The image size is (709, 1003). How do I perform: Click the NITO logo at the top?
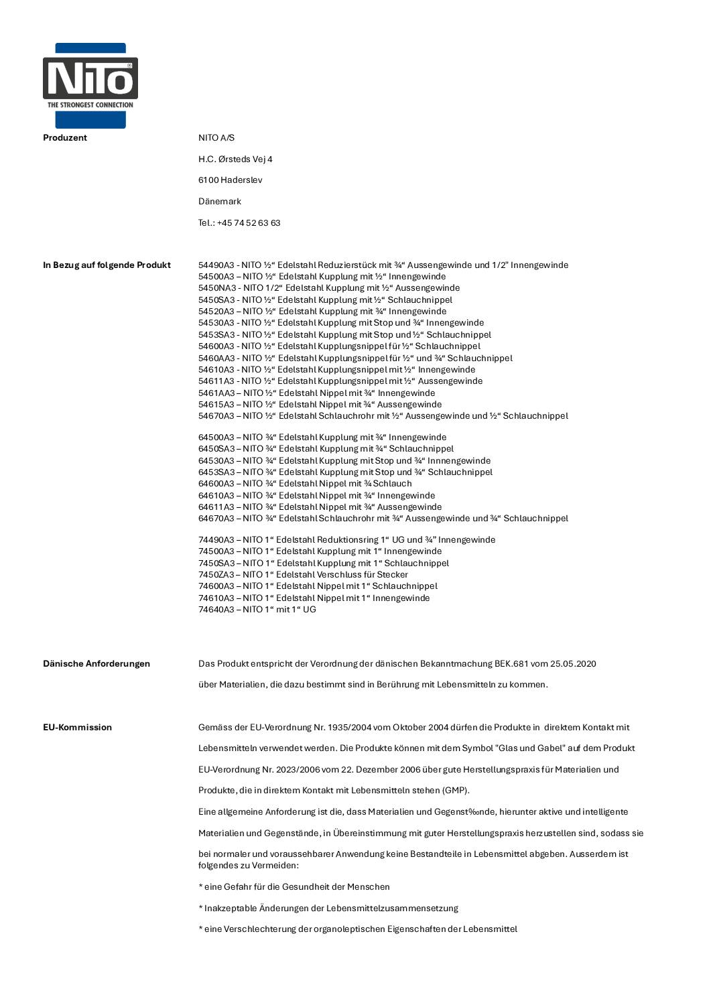[x=90, y=85]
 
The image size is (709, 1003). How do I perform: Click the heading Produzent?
[x=65, y=138]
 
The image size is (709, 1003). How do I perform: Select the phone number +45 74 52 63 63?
[x=249, y=223]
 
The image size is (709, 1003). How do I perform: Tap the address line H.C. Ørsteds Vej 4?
[x=235, y=159]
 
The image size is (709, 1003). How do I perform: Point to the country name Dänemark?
[x=219, y=202]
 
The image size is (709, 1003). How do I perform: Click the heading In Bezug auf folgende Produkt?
[x=107, y=265]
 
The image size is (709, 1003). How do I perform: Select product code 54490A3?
[x=216, y=265]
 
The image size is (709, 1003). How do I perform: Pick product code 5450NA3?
[x=216, y=288]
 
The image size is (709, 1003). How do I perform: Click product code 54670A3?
[x=216, y=416]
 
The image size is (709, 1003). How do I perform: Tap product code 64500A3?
[x=216, y=438]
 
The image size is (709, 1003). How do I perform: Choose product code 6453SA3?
[x=216, y=472]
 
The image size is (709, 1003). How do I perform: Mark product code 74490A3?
[x=216, y=540]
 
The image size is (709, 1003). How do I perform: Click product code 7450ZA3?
[x=216, y=575]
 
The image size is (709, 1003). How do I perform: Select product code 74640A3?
[x=216, y=610]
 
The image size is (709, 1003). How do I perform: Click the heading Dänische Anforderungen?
[x=96, y=664]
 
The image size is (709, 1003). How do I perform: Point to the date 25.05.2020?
[x=573, y=664]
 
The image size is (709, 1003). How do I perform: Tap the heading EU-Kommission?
[x=77, y=728]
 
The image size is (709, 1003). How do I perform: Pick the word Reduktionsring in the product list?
[x=346, y=540]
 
